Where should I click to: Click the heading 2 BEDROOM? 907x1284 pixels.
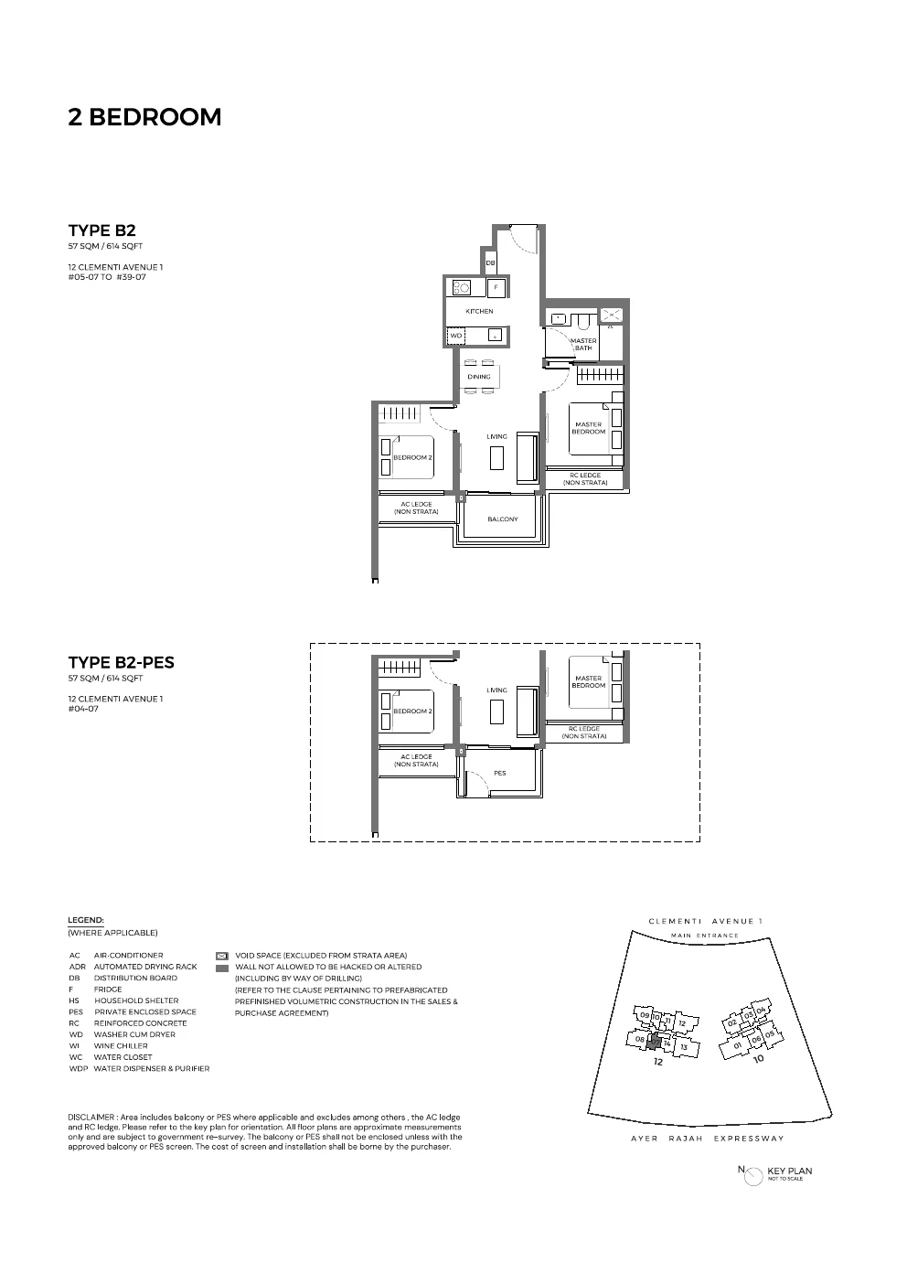[x=144, y=117]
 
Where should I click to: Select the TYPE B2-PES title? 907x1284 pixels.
[x=121, y=662]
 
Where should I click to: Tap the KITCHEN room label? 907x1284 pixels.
[x=479, y=312]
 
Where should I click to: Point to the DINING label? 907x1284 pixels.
[x=479, y=377]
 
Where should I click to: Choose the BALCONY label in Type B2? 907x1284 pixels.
[x=502, y=519]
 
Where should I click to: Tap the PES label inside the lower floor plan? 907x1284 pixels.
[x=499, y=774]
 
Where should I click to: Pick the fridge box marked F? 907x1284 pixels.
[x=496, y=287]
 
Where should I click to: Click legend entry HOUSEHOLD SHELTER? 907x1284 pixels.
[x=136, y=1000]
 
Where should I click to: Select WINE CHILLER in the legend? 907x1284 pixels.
[x=121, y=1045]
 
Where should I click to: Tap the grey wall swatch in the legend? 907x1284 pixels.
[x=221, y=967]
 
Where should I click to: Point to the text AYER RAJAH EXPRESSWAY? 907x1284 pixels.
[x=706, y=1139]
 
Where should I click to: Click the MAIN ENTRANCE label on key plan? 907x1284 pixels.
[x=704, y=936]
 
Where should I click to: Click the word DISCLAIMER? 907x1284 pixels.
[x=91, y=1117]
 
